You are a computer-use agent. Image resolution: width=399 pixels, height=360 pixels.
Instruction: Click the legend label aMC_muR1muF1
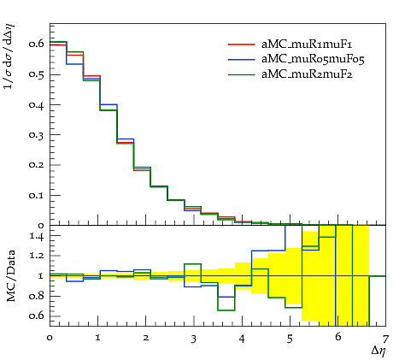coord(307,44)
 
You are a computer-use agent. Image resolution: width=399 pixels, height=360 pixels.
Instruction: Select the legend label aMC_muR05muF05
coord(313,59)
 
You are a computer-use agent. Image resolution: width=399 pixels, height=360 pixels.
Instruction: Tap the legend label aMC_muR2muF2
coord(307,74)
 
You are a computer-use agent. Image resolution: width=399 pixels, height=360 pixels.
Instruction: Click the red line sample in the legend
coord(241,44)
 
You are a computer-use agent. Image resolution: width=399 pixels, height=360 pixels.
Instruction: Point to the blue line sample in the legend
coord(241,59)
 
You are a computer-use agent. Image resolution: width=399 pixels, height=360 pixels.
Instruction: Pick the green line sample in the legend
coord(241,74)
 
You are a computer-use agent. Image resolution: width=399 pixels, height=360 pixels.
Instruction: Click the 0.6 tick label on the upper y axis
coord(36,44)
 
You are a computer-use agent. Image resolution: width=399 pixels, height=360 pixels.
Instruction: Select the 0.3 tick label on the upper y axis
coord(36,134)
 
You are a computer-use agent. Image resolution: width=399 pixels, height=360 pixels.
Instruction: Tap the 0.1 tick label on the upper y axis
coord(36,196)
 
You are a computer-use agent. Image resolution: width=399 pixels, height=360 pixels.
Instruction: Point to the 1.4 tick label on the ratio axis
coord(37,236)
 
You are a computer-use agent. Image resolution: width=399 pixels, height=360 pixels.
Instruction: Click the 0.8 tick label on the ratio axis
coord(37,296)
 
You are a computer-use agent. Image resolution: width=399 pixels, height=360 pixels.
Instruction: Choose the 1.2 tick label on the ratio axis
coord(37,255)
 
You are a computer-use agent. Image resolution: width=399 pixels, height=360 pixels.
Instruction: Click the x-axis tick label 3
coord(194,339)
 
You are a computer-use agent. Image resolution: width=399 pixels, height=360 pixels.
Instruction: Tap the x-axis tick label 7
coord(385,339)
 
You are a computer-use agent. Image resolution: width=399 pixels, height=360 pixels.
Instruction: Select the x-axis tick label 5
coord(290,339)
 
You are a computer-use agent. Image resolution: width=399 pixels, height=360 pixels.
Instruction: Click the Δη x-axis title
coord(378,351)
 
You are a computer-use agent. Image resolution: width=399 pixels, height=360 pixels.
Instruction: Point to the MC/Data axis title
coord(11,275)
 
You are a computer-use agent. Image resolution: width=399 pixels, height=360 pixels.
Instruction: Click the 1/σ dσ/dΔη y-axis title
coord(9,56)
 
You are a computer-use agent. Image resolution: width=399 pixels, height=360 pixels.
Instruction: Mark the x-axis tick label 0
coord(50,339)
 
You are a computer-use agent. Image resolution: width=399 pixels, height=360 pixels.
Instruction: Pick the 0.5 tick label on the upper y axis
coord(36,74)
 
